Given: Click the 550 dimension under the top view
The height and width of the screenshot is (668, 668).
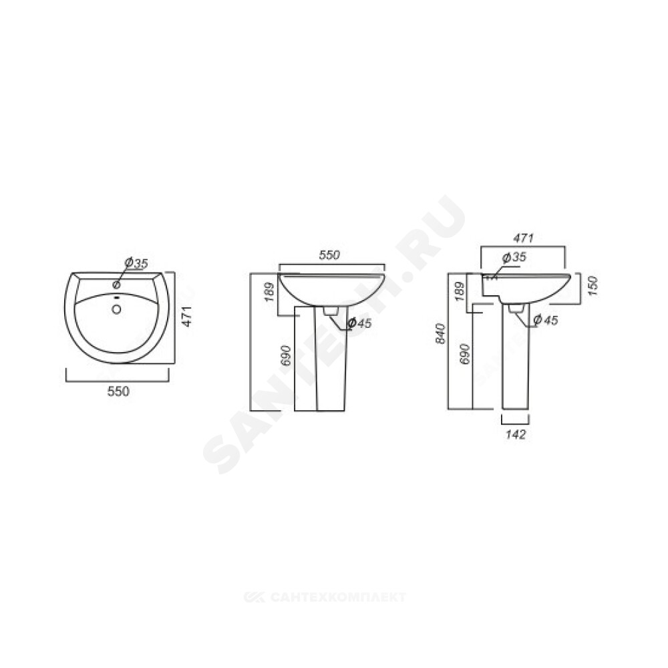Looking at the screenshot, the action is [x=118, y=391].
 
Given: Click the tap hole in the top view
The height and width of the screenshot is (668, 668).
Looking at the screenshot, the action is [x=117, y=284].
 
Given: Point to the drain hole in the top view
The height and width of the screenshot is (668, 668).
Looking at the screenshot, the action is [x=116, y=309].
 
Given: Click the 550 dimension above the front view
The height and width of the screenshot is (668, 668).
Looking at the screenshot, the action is [x=329, y=255].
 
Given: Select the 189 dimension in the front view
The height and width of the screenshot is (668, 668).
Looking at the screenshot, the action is [x=270, y=292].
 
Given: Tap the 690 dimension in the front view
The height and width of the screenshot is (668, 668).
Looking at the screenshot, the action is [x=287, y=355].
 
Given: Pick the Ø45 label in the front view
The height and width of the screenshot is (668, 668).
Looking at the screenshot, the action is [x=359, y=323].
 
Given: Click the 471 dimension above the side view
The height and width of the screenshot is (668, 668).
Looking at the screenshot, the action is [x=523, y=238].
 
